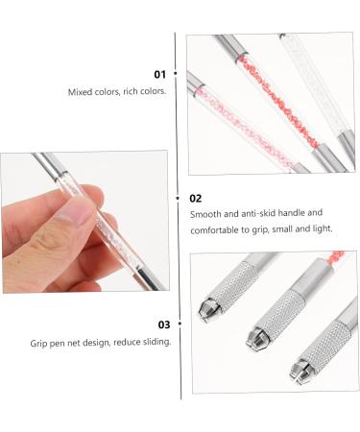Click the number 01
pos(159,74)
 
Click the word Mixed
pos(79,92)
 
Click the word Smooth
pos(205,214)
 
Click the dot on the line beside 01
pos(175,74)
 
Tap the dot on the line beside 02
pos(175,197)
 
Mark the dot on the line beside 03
pos(175,324)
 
